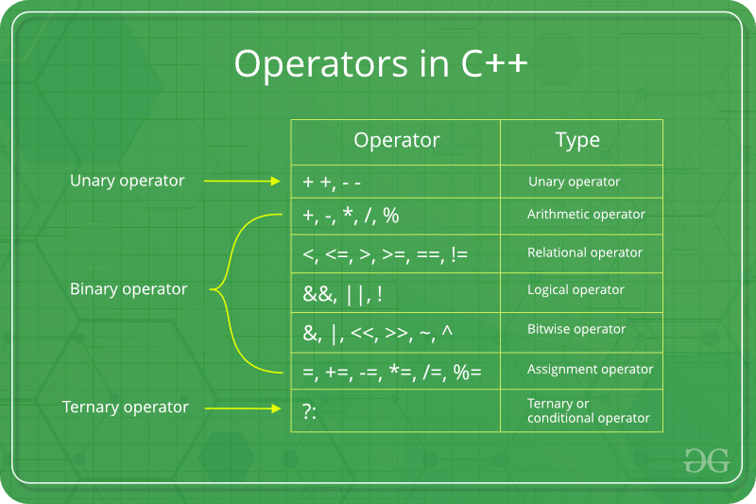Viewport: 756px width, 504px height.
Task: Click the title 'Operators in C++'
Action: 381,64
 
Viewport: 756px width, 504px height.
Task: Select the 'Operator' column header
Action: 396,140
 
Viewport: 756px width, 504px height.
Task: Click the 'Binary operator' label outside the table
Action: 129,289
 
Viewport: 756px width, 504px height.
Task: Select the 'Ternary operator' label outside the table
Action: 126,408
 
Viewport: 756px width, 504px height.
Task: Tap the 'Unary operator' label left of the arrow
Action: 128,181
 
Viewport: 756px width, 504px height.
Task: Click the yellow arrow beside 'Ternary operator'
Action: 243,408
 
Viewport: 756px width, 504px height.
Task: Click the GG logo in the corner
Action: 706,461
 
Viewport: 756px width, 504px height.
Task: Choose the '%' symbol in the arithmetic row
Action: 391,216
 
